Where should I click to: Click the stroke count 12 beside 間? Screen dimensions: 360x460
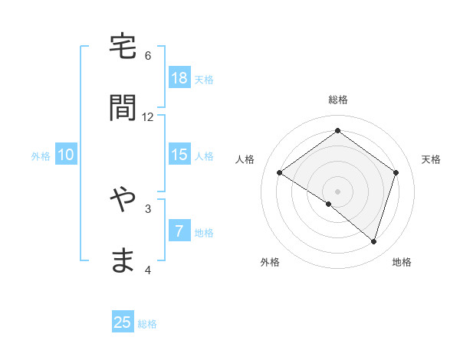point(148,117)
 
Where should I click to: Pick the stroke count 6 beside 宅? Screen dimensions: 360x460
point(148,56)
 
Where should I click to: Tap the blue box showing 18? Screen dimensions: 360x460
point(179,78)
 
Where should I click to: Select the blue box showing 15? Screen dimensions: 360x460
point(179,155)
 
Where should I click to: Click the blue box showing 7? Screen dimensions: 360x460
point(179,231)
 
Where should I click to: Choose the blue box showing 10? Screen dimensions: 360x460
point(66,155)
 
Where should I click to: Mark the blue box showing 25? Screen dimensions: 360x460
point(123,322)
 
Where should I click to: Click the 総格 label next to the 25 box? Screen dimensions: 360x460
point(147,324)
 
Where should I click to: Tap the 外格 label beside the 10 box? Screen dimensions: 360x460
point(41,156)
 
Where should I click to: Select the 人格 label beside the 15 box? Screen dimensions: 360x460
point(204,156)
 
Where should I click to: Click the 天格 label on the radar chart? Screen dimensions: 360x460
point(431,159)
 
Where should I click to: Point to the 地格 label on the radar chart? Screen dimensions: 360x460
point(402,262)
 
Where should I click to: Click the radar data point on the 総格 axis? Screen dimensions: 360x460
point(337,130)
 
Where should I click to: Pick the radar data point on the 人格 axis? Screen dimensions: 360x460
point(280,172)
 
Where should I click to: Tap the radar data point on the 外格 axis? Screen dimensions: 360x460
point(329,204)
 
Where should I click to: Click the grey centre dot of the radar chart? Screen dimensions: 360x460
point(337,191)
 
